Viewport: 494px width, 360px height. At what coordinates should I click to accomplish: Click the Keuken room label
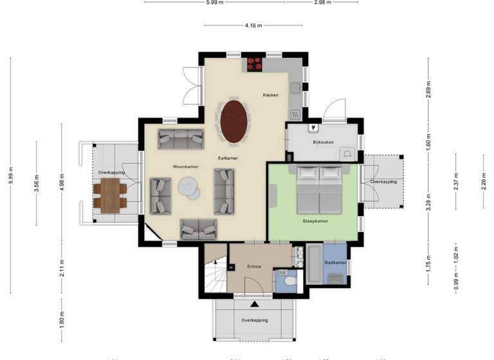coord(270,94)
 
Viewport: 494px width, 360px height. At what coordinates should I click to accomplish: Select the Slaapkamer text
coord(315,221)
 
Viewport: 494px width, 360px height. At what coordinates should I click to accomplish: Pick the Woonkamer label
coord(185,166)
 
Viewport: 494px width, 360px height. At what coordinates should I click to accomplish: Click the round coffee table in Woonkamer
coord(188,187)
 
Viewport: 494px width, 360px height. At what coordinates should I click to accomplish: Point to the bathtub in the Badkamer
coord(314,264)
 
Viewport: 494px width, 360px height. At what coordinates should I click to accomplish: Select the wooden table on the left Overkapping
coord(110,195)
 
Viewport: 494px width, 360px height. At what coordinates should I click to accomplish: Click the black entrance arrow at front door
coord(255,304)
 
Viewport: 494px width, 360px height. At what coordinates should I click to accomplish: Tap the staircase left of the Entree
coord(214,274)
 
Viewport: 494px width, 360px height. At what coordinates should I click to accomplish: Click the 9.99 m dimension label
coord(11,175)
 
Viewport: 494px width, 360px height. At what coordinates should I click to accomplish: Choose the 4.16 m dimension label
coord(253,25)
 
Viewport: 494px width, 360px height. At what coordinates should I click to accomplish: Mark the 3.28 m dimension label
coord(428,204)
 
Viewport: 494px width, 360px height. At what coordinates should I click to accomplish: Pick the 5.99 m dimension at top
coord(215,3)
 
